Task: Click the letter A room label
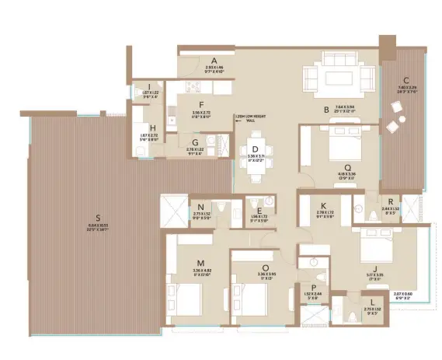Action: (x=213, y=60)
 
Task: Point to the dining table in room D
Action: (x=254, y=164)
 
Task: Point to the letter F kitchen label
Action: (x=200, y=103)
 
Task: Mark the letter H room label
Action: (x=153, y=128)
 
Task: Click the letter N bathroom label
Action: (x=200, y=206)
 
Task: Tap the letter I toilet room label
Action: (x=148, y=86)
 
